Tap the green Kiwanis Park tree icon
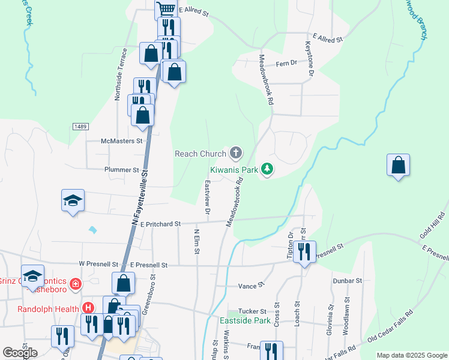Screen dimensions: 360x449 (x=268, y=170)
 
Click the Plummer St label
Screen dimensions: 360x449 (x=122, y=170)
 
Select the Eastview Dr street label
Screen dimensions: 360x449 (x=208, y=198)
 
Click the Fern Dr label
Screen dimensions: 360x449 (x=286, y=62)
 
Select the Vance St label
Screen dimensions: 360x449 (x=252, y=286)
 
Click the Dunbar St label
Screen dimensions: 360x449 (x=348, y=280)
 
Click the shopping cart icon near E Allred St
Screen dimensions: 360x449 (x=166, y=9)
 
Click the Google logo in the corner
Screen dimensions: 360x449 (x=20, y=353)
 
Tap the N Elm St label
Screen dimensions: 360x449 (x=196, y=241)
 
